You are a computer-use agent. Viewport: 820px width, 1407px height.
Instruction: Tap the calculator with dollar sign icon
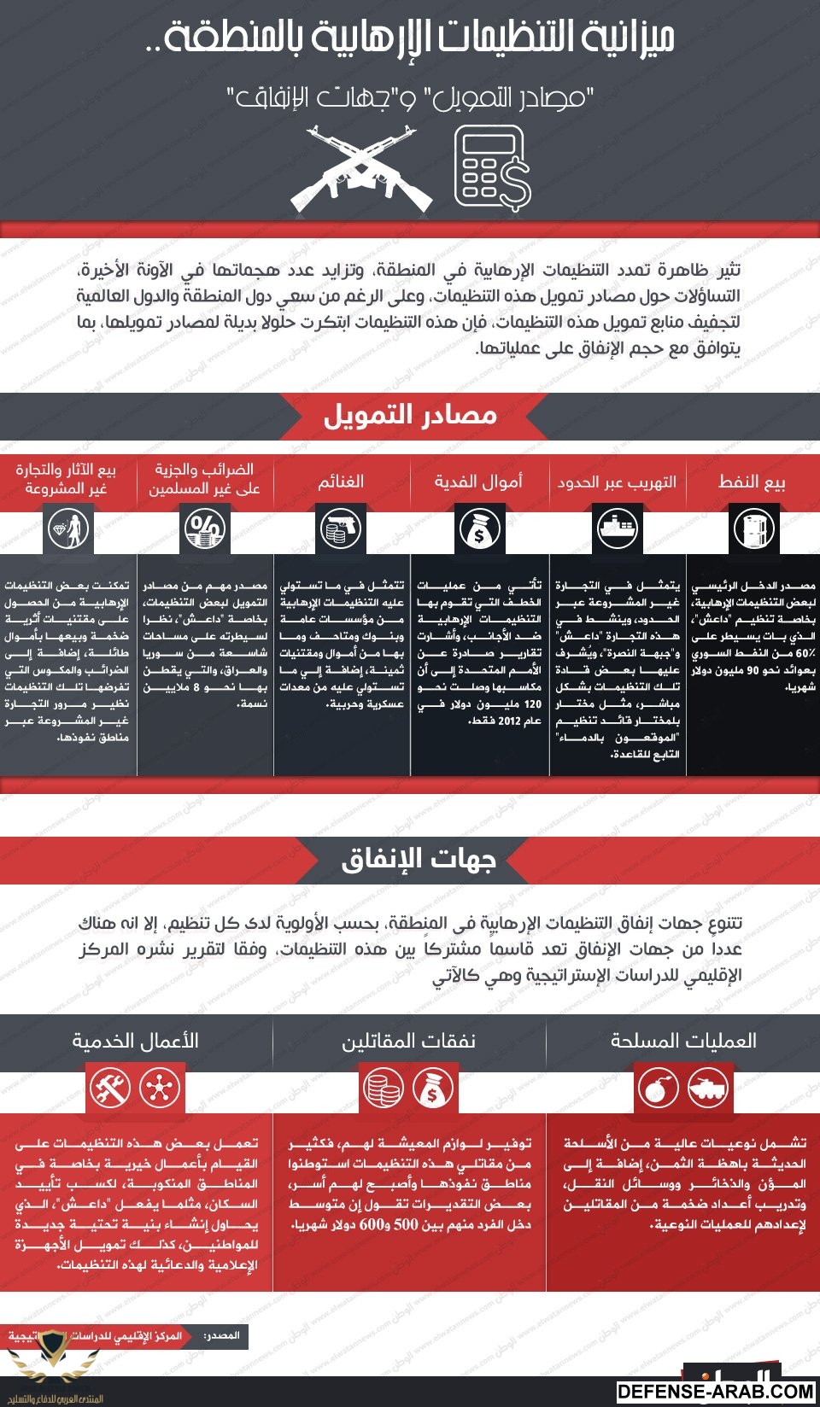click(490, 168)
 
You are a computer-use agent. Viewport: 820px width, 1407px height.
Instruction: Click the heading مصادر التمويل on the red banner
click(410, 416)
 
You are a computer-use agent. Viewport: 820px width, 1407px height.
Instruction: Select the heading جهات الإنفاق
click(419, 860)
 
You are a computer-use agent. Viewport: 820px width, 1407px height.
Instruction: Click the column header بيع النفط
click(752, 482)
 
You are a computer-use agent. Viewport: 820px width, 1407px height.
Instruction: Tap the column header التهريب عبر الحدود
click(617, 482)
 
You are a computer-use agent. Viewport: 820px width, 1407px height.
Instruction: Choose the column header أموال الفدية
click(478, 482)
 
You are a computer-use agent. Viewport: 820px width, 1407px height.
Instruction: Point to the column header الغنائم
click(341, 482)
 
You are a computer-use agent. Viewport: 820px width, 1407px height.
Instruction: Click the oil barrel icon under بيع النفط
click(753, 529)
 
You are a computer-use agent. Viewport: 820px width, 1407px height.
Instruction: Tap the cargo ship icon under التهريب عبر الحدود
click(617, 529)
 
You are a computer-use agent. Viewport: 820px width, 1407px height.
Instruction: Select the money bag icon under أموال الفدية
click(479, 529)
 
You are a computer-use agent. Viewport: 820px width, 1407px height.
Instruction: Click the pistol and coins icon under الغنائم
click(342, 529)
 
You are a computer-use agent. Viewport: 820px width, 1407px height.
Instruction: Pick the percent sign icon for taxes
click(205, 529)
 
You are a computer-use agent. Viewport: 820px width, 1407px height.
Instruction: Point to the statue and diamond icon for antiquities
click(68, 529)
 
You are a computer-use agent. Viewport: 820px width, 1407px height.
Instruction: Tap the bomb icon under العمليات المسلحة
click(659, 1089)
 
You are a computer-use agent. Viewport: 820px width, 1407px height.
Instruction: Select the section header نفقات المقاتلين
click(409, 1041)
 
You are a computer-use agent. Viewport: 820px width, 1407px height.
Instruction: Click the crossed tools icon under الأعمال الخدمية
click(111, 1089)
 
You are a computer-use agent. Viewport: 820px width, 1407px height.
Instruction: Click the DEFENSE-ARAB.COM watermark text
click(716, 1392)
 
